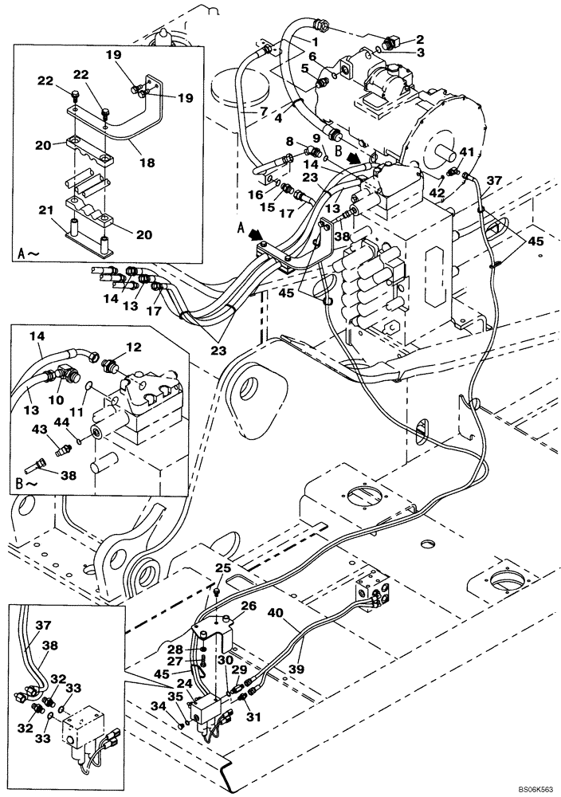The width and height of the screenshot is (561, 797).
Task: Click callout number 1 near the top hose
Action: [x=316, y=41]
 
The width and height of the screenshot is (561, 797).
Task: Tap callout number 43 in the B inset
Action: [x=40, y=430]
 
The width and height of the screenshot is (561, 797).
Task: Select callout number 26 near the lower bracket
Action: [x=248, y=606]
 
